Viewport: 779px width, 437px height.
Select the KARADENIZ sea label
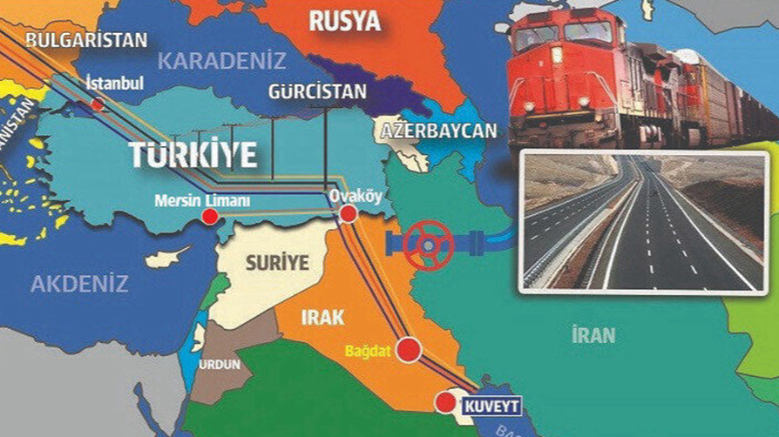click(x=221, y=61)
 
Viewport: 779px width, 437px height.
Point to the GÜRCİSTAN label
click(x=310, y=91)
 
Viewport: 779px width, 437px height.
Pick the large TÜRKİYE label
click(x=193, y=155)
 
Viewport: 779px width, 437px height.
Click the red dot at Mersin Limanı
click(x=210, y=217)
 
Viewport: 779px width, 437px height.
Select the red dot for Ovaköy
click(x=349, y=213)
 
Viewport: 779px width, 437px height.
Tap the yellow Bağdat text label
click(x=369, y=351)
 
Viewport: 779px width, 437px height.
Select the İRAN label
click(x=593, y=334)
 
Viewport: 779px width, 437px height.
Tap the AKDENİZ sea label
click(x=80, y=283)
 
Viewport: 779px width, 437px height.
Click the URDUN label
click(x=219, y=364)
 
